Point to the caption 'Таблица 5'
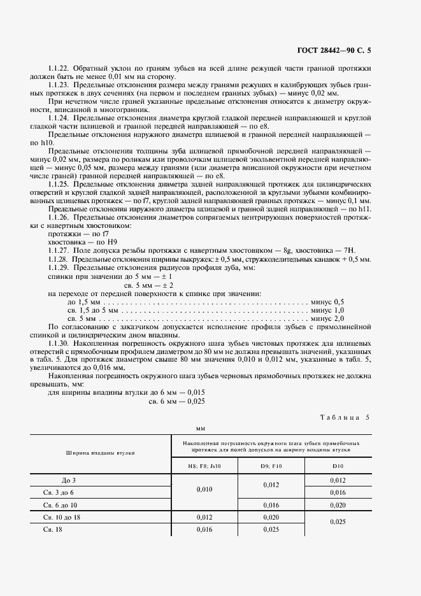(x=349, y=417)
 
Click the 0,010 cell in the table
(x=204, y=489)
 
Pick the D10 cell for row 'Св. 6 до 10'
(x=338, y=504)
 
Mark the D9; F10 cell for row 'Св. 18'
(x=272, y=529)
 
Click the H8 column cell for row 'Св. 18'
(x=204, y=529)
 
